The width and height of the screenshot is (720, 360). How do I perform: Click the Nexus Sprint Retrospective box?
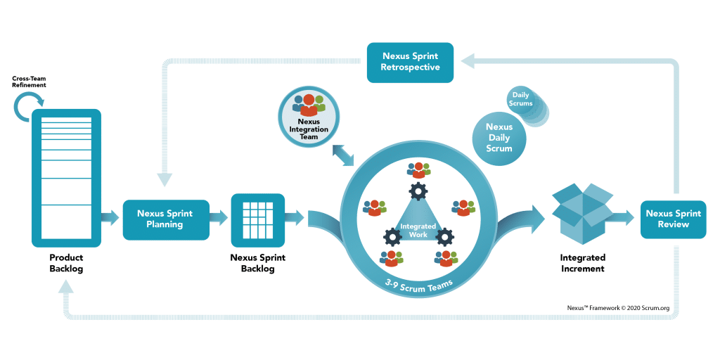click(411, 61)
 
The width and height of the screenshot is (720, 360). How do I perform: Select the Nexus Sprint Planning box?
click(165, 219)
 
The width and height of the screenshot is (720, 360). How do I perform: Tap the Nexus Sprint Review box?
click(674, 219)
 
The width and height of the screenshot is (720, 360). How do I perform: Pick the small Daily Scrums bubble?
click(521, 102)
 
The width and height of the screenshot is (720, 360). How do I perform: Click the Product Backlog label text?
click(66, 263)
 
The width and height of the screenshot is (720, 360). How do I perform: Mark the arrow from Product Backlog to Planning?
click(110, 218)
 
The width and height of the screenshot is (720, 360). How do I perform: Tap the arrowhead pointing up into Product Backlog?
click(67, 286)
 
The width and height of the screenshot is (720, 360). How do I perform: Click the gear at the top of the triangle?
click(418, 190)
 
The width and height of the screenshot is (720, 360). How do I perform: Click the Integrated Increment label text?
click(582, 263)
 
